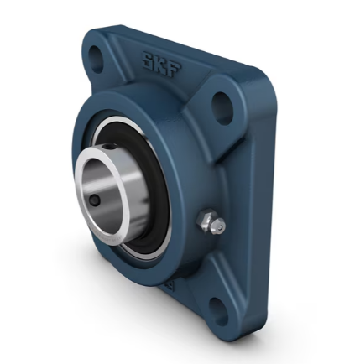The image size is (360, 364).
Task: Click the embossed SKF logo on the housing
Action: point(159,64)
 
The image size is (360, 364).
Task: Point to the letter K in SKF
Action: point(159,64)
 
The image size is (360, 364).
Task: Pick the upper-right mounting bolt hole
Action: point(222,104)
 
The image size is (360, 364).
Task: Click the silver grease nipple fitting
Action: point(210,224)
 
